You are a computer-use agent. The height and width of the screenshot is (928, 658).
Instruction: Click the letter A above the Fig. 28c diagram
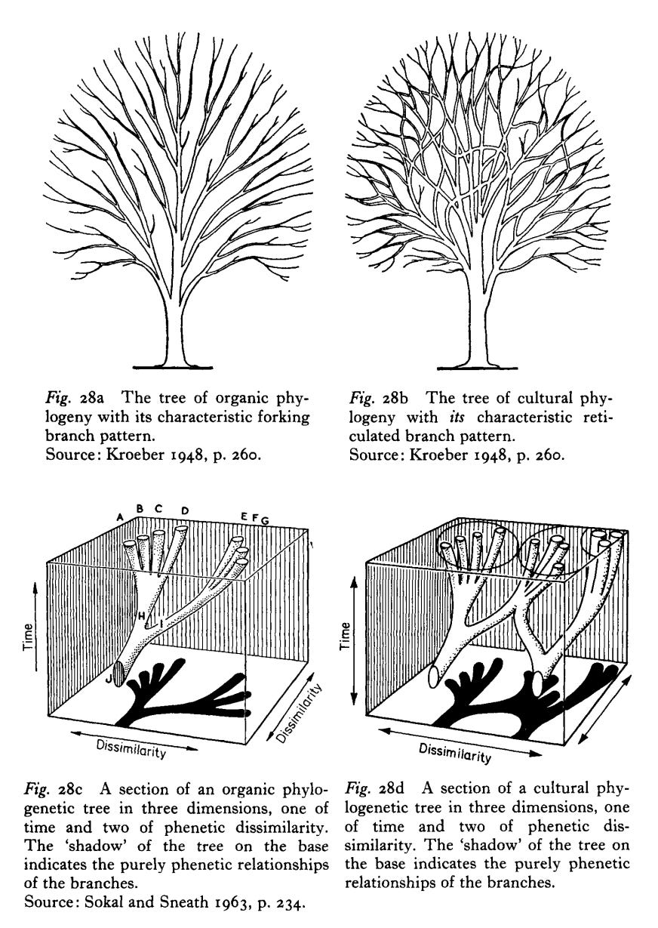pos(121,516)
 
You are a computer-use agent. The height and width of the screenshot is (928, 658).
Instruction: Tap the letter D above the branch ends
pos(185,510)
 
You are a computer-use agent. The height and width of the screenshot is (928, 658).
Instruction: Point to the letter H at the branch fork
pos(142,615)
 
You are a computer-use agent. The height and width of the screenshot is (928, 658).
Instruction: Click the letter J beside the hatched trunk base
pos(109,677)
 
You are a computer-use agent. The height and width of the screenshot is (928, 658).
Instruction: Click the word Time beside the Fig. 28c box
pos(28,637)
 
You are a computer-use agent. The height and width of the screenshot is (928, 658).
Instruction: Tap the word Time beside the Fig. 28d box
pos(346,637)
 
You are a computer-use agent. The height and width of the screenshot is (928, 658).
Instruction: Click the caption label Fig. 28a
pos(75,398)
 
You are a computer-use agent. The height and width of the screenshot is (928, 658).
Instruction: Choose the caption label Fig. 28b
pos(379,398)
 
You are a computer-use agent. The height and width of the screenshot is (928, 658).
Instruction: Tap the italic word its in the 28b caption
pos(457,417)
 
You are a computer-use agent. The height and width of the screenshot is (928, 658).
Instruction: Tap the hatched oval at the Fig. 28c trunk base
pos(118,674)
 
